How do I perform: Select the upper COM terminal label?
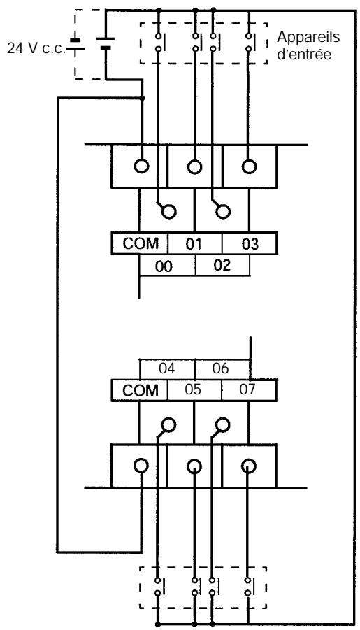(141, 243)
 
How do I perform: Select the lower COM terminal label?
(141, 391)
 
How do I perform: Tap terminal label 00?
(164, 266)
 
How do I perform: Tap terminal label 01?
(194, 244)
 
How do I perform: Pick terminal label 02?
(222, 266)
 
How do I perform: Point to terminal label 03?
(250, 244)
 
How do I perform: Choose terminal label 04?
(167, 368)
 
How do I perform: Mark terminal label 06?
(220, 368)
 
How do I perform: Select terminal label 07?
(248, 389)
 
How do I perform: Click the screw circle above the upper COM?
(141, 166)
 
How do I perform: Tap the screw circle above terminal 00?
(168, 211)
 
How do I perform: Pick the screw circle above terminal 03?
(249, 166)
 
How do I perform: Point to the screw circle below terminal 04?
(168, 424)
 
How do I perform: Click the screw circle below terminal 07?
(248, 466)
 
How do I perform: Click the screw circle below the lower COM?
(141, 466)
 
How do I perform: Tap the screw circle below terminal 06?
(222, 424)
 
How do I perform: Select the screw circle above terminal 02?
(222, 211)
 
